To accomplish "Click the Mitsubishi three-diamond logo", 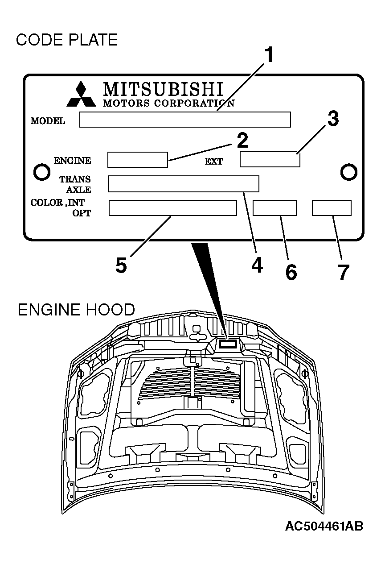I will click(81, 95).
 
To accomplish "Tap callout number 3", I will click(333, 120).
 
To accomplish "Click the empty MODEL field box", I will click(185, 120).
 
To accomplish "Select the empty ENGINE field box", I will click(138, 160).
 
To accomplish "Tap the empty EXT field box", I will click(270, 160).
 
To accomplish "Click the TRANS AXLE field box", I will click(183, 183).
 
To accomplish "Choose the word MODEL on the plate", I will click(48, 121).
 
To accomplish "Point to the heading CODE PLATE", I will click(67, 40).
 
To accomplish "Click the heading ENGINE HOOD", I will click(76, 309).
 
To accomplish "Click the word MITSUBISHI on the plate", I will click(163, 89).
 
